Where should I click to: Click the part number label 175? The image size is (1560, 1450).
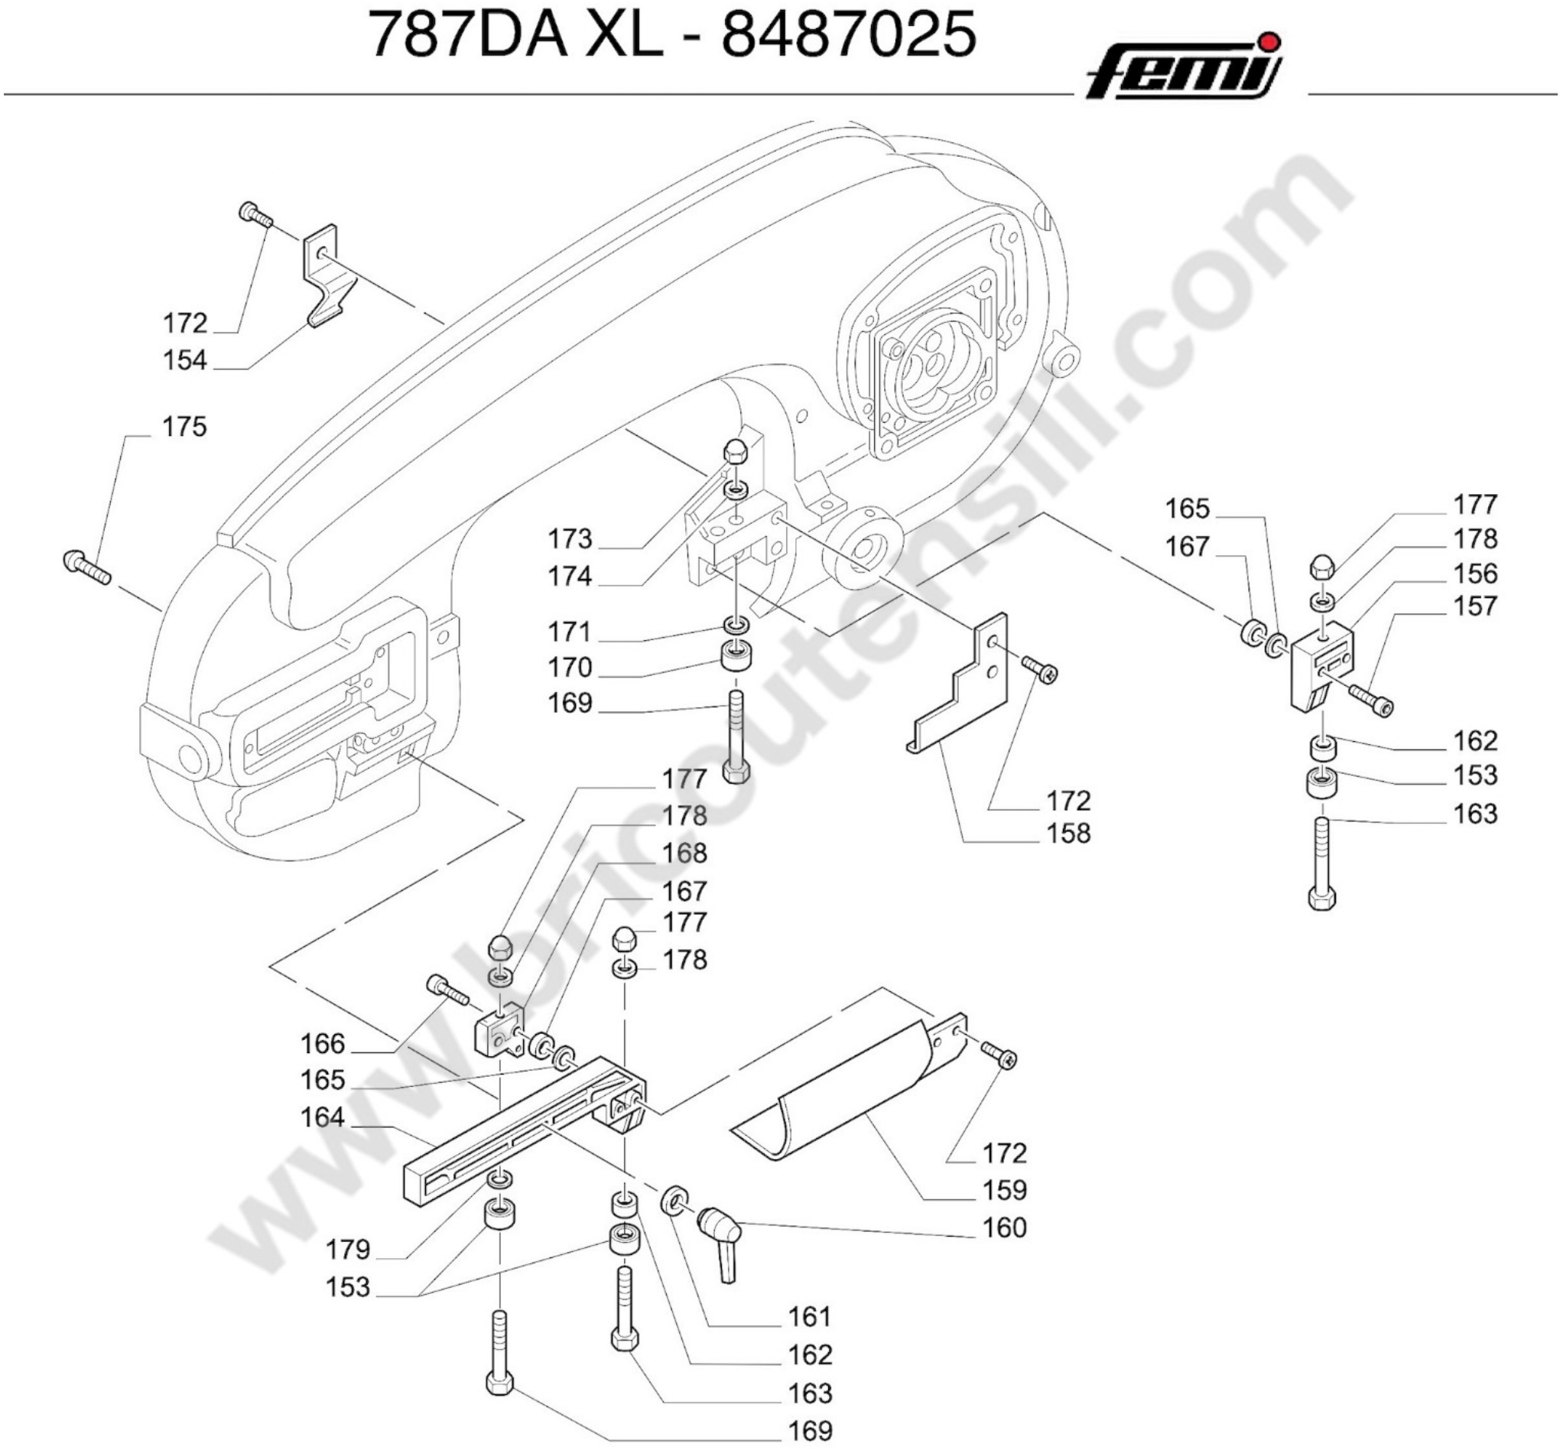[184, 427]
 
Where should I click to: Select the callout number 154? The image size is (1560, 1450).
[184, 361]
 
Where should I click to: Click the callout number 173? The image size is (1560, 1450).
[570, 539]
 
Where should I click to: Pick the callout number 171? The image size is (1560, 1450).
[570, 632]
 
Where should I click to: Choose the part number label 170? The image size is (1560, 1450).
[570, 668]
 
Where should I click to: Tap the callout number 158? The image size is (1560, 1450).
[1069, 834]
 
